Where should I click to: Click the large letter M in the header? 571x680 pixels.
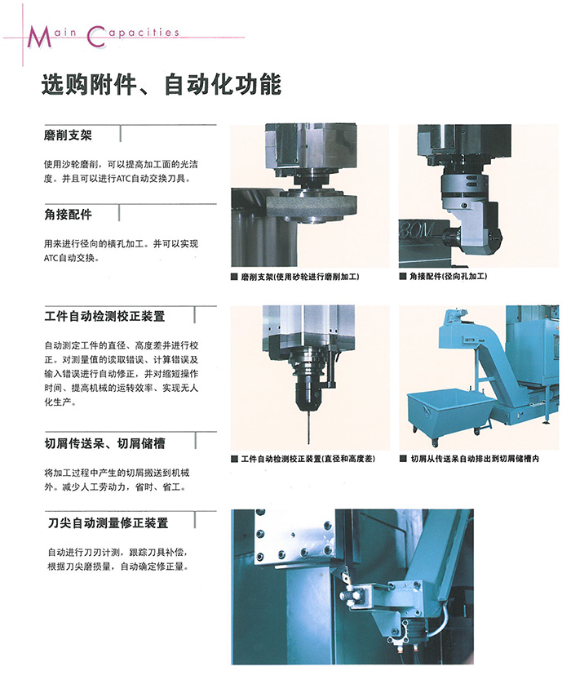(39, 38)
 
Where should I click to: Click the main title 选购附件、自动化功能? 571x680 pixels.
(162, 84)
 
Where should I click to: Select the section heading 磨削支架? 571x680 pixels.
(68, 136)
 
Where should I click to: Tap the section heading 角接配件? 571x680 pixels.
(68, 214)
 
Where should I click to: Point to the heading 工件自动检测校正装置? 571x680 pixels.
(105, 316)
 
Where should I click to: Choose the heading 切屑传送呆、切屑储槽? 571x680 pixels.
(105, 443)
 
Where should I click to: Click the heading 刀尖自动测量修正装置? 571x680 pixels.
(108, 523)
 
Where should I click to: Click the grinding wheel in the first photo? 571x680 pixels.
(312, 206)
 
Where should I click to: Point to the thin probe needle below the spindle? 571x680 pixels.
(308, 427)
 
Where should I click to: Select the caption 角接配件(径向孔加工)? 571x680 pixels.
(449, 276)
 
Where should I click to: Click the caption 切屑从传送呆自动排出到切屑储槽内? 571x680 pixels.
(475, 459)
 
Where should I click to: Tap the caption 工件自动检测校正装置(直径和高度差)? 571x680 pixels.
(308, 459)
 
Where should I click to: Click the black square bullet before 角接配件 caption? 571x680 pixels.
(403, 276)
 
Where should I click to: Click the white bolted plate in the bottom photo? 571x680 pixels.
(294, 539)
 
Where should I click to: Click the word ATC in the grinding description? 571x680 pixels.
(123, 179)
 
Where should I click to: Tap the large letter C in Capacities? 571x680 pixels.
(96, 37)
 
